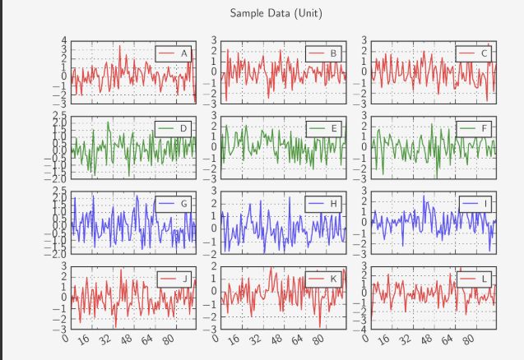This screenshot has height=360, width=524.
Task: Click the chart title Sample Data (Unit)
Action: tap(276, 13)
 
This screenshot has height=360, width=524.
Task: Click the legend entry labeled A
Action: tap(174, 53)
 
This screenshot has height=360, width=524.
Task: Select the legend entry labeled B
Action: tap(323, 53)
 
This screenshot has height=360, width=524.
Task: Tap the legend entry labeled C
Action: tap(474, 53)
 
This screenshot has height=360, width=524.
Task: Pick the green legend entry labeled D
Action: tap(174, 128)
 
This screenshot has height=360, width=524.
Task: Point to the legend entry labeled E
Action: tap(323, 128)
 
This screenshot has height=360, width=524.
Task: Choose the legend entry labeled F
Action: tap(474, 128)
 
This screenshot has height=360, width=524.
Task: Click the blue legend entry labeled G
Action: tap(174, 203)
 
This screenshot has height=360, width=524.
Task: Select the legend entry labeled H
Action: tap(323, 203)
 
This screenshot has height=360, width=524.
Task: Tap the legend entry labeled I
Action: tap(474, 203)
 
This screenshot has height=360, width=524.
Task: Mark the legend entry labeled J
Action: tap(174, 279)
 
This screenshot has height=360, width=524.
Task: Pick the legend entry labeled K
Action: tap(323, 279)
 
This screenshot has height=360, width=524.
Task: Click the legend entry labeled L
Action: tap(474, 279)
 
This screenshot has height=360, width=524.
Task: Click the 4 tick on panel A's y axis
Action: tap(65, 40)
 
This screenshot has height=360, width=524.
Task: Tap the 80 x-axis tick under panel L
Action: tap(469, 340)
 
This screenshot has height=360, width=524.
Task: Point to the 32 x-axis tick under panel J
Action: tap(104, 340)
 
